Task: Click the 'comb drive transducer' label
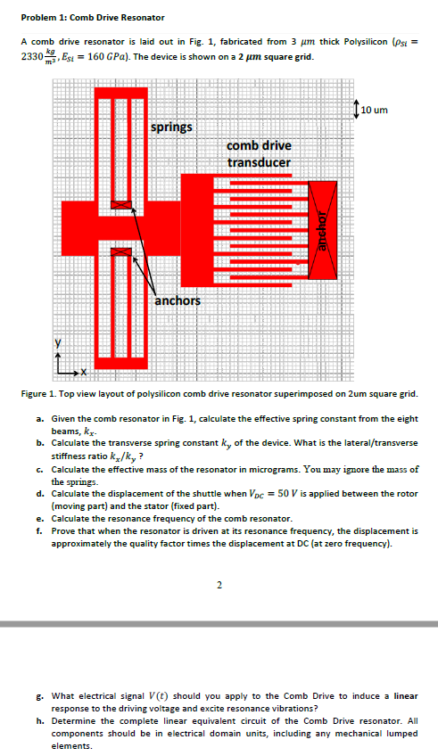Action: click(258, 153)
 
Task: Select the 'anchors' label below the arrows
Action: click(177, 300)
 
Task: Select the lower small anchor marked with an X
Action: click(120, 253)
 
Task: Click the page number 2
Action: click(219, 585)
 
